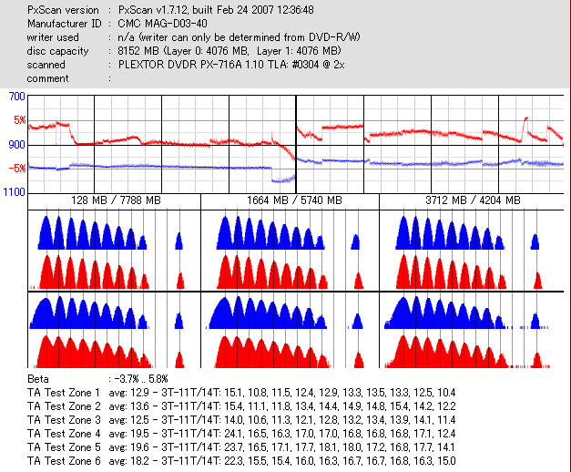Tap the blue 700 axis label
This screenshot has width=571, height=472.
[x=15, y=97]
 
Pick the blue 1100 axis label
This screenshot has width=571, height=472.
[x=14, y=193]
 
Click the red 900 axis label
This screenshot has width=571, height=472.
[x=15, y=145]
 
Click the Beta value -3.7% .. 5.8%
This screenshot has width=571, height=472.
[x=148, y=378]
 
